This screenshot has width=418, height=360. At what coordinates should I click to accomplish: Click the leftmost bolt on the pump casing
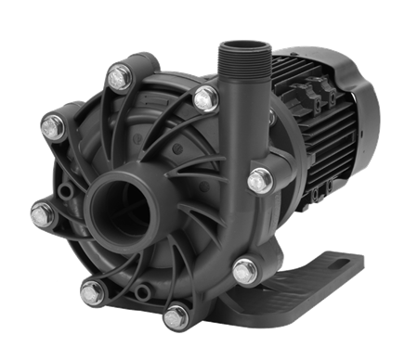click(x=40, y=217)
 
